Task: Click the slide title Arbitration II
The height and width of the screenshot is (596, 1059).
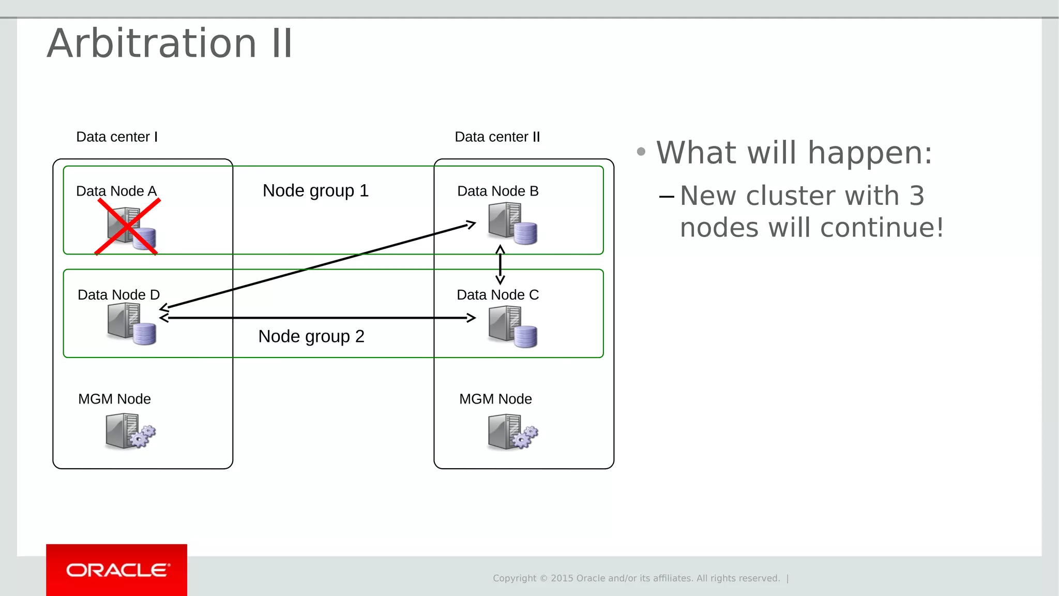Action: pos(170,43)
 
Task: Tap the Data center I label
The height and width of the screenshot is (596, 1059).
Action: pos(117,137)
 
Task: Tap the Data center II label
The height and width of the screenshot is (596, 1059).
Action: pos(497,137)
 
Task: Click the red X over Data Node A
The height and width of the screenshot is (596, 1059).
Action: pos(127,227)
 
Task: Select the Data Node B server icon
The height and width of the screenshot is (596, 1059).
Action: pos(512,224)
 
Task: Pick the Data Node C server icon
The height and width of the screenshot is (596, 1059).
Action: pos(512,326)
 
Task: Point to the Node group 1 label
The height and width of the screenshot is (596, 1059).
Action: pos(315,191)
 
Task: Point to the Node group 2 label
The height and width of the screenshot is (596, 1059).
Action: pos(311,337)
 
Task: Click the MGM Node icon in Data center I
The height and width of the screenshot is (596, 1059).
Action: pos(130,431)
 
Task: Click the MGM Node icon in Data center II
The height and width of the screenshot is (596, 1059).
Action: pos(512,431)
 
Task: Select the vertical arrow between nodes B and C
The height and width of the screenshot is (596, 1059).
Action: pos(500,265)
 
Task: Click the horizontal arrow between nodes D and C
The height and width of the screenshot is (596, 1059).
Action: pos(317,318)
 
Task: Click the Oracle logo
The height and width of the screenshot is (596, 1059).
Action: pos(117,570)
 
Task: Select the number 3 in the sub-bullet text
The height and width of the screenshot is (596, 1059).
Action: pos(916,196)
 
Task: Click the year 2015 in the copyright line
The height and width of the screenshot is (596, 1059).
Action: pos(562,578)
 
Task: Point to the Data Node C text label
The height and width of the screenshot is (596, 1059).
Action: pos(497,295)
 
